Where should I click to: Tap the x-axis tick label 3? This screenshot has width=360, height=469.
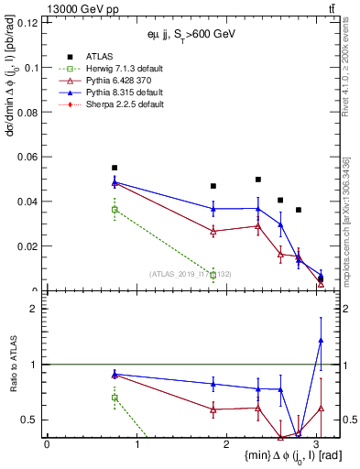[317, 443]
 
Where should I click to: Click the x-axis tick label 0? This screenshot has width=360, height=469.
[47, 443]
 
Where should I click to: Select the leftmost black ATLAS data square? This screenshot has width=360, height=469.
[115, 168]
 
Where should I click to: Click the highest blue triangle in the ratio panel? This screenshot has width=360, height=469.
[321, 340]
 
